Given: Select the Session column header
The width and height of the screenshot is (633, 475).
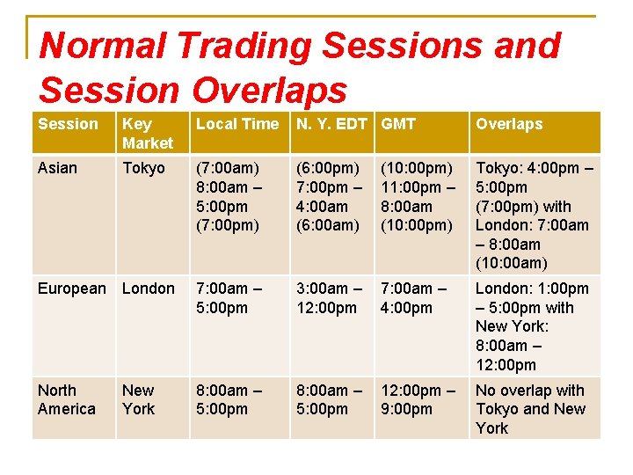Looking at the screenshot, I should pos(69,124).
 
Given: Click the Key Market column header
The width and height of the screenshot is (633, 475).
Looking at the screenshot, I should pos(148,133).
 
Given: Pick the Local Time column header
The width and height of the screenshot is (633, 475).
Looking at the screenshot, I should pos(236,124).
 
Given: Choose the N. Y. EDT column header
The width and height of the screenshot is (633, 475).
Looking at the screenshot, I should pos(331,124).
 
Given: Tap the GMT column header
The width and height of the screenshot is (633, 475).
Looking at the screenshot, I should pos(398,124).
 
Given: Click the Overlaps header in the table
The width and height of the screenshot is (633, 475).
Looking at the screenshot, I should pos(509,124).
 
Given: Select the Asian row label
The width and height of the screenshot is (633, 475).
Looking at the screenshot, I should pos(58,168).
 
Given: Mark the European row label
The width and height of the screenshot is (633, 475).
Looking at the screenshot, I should pos(71,289).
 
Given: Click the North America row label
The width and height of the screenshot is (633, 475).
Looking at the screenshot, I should pos(67,399).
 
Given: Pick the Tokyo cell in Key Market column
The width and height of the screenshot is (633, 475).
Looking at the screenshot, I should pos(143,168).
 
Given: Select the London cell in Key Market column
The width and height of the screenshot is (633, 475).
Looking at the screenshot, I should pos(148,289).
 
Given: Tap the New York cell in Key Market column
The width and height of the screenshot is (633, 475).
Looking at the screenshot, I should pos(139,399).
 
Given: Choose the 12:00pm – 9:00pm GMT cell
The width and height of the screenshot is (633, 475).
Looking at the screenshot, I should pos(418,399).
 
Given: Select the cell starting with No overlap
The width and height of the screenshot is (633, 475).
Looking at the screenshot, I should pos(530,409).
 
